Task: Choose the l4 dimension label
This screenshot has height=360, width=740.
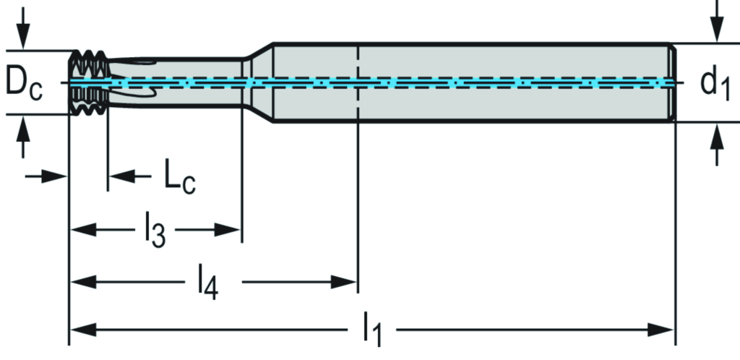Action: point(209,282)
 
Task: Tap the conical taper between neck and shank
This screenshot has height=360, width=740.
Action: point(257,82)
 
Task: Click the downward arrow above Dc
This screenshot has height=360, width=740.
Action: point(25,33)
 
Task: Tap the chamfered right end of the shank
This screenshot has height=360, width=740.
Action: point(674,82)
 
